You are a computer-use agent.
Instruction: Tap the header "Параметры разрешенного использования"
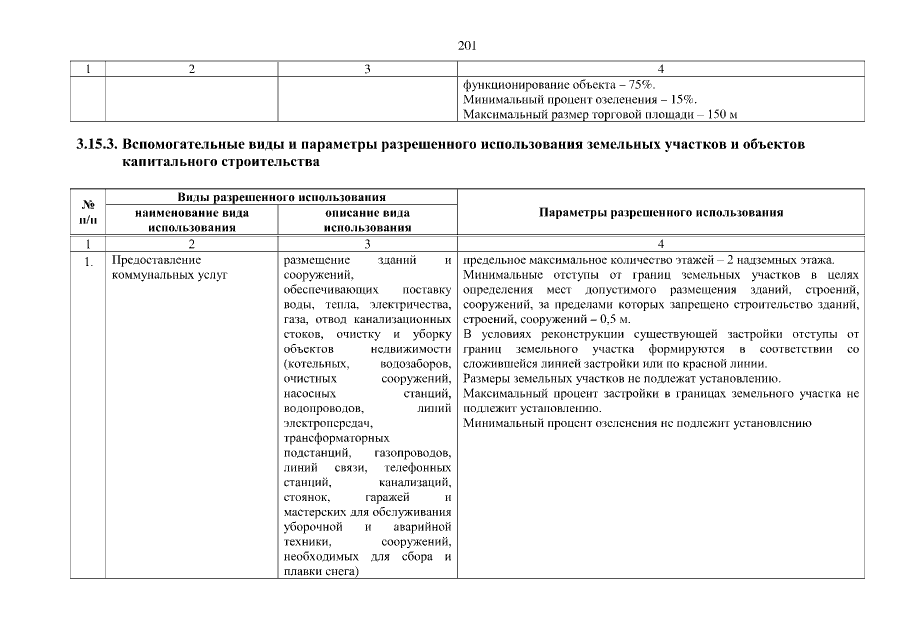660,213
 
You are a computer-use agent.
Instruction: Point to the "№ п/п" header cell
88,213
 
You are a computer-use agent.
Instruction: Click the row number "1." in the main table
89,262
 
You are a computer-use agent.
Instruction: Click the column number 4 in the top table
660,68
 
